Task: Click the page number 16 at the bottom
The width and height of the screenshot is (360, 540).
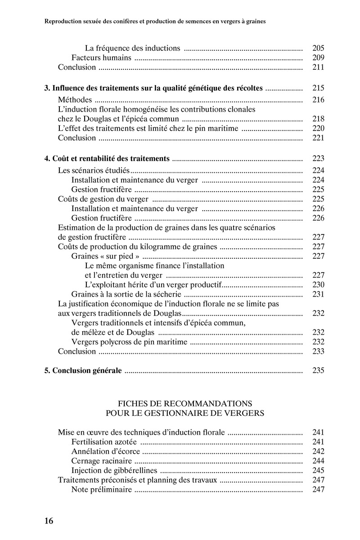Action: tap(49, 521)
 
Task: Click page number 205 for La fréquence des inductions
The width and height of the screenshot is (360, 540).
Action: tap(318, 48)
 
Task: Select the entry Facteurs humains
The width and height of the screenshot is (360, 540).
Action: tap(101, 58)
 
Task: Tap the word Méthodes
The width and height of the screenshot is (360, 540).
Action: tap(75, 100)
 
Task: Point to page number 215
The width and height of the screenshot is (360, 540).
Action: tap(318, 88)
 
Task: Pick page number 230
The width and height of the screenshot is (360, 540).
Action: tap(318, 285)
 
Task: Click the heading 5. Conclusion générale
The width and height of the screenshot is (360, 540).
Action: tap(83, 371)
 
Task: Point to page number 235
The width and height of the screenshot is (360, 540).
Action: tap(318, 371)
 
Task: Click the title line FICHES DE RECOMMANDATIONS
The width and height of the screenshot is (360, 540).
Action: tap(184, 402)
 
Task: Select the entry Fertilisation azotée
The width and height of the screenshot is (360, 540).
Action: tap(104, 442)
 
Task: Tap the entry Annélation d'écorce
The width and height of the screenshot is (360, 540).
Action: tap(106, 451)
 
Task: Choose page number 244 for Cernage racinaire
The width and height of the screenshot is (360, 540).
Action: tap(318, 461)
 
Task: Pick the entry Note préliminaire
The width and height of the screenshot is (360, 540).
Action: tap(102, 490)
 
